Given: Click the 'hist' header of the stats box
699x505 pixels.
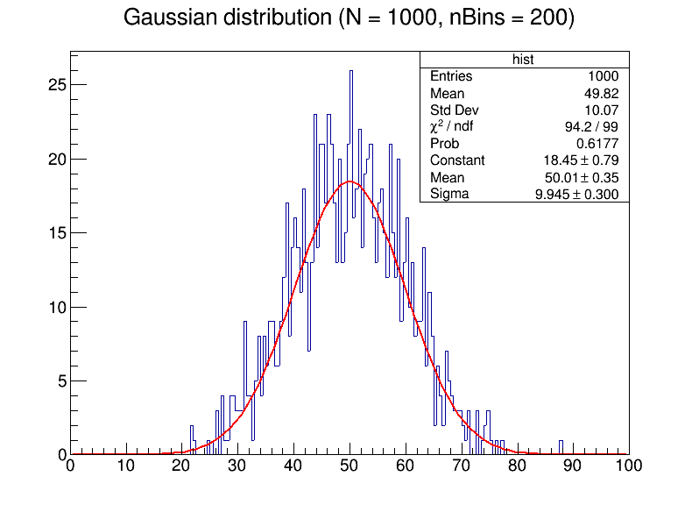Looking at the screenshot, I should [x=524, y=60].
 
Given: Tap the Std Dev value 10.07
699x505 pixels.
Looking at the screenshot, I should [x=601, y=110].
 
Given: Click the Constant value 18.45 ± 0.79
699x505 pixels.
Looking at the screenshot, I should [x=581, y=160].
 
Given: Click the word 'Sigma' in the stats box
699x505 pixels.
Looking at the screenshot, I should [x=449, y=194].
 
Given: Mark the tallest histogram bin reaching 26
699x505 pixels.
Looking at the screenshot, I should [x=351, y=72].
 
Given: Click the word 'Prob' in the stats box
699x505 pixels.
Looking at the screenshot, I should [x=444, y=143].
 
